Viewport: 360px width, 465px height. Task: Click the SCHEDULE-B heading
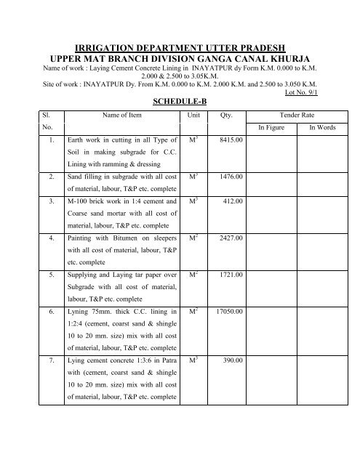click(x=180, y=101)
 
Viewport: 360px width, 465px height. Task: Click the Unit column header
click(x=193, y=115)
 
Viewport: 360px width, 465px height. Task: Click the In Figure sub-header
click(x=273, y=127)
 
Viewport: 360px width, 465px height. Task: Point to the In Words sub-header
click(x=322, y=127)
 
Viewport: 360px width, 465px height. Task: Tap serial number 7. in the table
click(x=49, y=360)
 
